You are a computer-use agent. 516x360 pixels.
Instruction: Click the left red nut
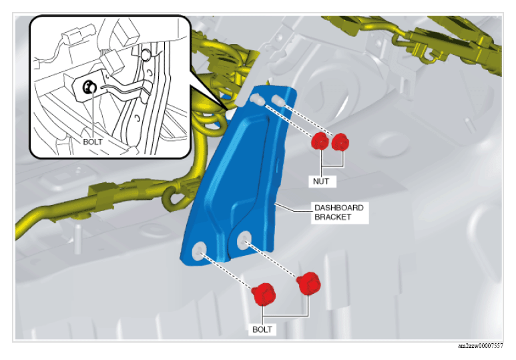click(320, 142)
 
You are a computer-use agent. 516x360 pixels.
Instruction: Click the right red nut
click(340, 142)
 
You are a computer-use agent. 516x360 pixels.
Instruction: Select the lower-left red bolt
click(264, 294)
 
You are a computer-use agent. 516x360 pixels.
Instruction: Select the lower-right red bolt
click(308, 283)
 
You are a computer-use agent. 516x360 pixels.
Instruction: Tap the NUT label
click(321, 181)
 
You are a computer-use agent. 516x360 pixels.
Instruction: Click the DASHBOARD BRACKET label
click(339, 212)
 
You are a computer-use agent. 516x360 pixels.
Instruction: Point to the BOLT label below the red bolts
click(262, 329)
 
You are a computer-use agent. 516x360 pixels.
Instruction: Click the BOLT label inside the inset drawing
click(93, 142)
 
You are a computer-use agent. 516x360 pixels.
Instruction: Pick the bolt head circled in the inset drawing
click(89, 87)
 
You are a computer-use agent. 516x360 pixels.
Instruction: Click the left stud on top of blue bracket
click(256, 99)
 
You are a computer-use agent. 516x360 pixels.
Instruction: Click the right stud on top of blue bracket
click(278, 100)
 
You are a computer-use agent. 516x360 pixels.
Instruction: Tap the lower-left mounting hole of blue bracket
click(200, 250)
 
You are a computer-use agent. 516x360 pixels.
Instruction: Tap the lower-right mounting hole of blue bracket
click(244, 240)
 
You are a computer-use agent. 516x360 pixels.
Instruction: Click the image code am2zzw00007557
click(480, 346)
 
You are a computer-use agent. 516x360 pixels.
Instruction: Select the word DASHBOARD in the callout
click(339, 208)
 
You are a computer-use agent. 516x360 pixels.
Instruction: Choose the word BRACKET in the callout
click(332, 217)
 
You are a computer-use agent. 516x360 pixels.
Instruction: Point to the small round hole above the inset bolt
click(146, 55)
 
